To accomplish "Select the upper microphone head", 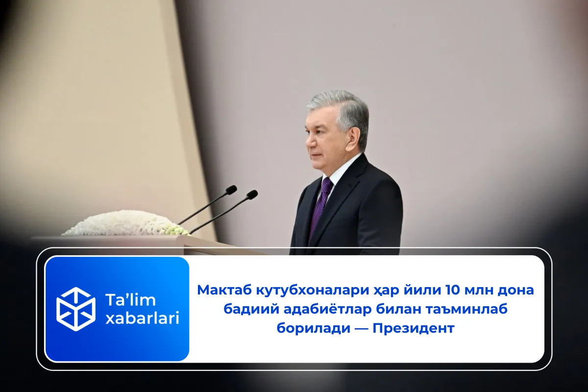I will (231, 189).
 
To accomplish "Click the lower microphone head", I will (252, 195).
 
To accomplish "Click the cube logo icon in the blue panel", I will (76, 309).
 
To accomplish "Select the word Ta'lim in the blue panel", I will (130, 299).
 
